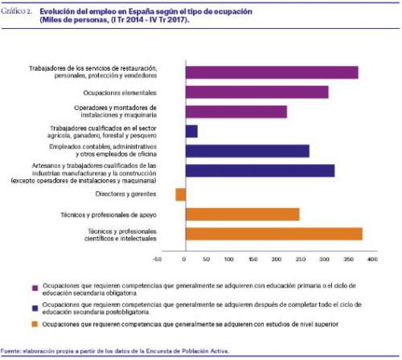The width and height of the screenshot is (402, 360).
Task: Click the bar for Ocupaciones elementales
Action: [x=257, y=92]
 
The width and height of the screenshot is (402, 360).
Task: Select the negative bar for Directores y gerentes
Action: [x=181, y=194]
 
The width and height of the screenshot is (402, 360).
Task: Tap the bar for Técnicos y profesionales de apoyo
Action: [x=243, y=215]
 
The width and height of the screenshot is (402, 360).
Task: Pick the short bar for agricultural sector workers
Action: [x=191, y=131]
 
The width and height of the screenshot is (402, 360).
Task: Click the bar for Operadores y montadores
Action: [x=236, y=112]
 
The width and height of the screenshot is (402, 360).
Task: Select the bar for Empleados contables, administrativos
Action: [x=248, y=151]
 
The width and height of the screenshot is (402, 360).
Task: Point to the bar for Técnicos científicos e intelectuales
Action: [x=274, y=234]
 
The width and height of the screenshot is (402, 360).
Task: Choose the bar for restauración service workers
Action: [x=272, y=72]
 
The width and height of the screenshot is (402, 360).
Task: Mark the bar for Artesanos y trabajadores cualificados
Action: [x=260, y=170]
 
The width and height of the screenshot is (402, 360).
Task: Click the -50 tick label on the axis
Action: [x=157, y=260]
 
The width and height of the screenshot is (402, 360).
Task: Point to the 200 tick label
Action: [x=277, y=260]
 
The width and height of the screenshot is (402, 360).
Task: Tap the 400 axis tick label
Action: [x=372, y=260]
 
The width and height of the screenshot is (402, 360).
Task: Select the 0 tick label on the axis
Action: [x=184, y=260]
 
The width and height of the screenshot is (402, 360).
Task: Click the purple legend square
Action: [x=35, y=288]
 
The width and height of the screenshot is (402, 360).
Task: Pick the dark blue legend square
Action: [x=35, y=308]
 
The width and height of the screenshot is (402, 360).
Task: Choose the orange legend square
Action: [x=35, y=325]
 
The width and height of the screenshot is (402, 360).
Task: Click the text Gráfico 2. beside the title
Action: [x=16, y=11]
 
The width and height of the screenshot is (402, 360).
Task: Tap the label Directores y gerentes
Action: [x=125, y=194]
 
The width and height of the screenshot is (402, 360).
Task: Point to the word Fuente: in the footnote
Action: [x=10, y=351]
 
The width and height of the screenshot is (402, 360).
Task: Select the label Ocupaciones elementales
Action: [x=120, y=93]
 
